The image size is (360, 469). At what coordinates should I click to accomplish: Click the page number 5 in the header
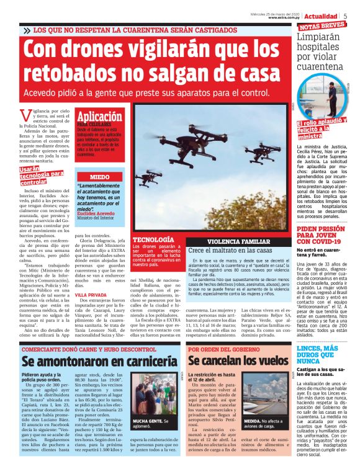pyautogui.click(x=344, y=16)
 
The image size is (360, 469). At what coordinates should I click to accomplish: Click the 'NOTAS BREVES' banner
pyautogui.click(x=322, y=26)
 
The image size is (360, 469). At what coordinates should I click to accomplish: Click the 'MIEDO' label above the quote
pyautogui.click(x=99, y=177)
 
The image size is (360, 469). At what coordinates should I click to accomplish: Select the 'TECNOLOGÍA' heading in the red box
pyautogui.click(x=153, y=239)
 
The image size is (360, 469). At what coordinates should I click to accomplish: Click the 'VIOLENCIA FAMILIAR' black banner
pyautogui.click(x=236, y=241)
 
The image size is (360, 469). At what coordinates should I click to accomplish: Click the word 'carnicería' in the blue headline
pyautogui.click(x=140, y=361)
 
